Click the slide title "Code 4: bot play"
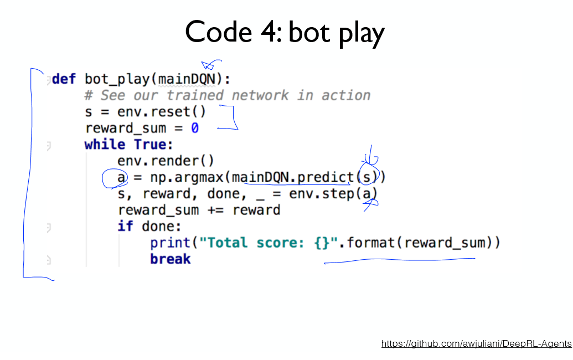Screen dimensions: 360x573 (x=285, y=32)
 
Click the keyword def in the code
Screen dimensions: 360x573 (x=64, y=79)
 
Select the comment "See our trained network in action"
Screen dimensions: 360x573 (x=235, y=95)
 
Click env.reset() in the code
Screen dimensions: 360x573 (x=161, y=111)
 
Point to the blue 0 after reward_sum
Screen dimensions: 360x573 (x=195, y=128)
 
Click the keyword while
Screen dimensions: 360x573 (x=105, y=145)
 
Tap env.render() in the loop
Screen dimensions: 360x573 (x=166, y=161)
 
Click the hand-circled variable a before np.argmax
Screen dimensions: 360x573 (x=121, y=178)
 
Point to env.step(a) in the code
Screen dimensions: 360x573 (x=333, y=194)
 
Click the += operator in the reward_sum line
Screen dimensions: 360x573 (x=215, y=210)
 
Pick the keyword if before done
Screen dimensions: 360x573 (x=125, y=227)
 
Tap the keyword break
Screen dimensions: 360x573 (x=170, y=259)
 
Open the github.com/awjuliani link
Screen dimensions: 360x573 (x=476, y=344)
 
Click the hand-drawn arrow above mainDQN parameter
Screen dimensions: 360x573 (x=211, y=64)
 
